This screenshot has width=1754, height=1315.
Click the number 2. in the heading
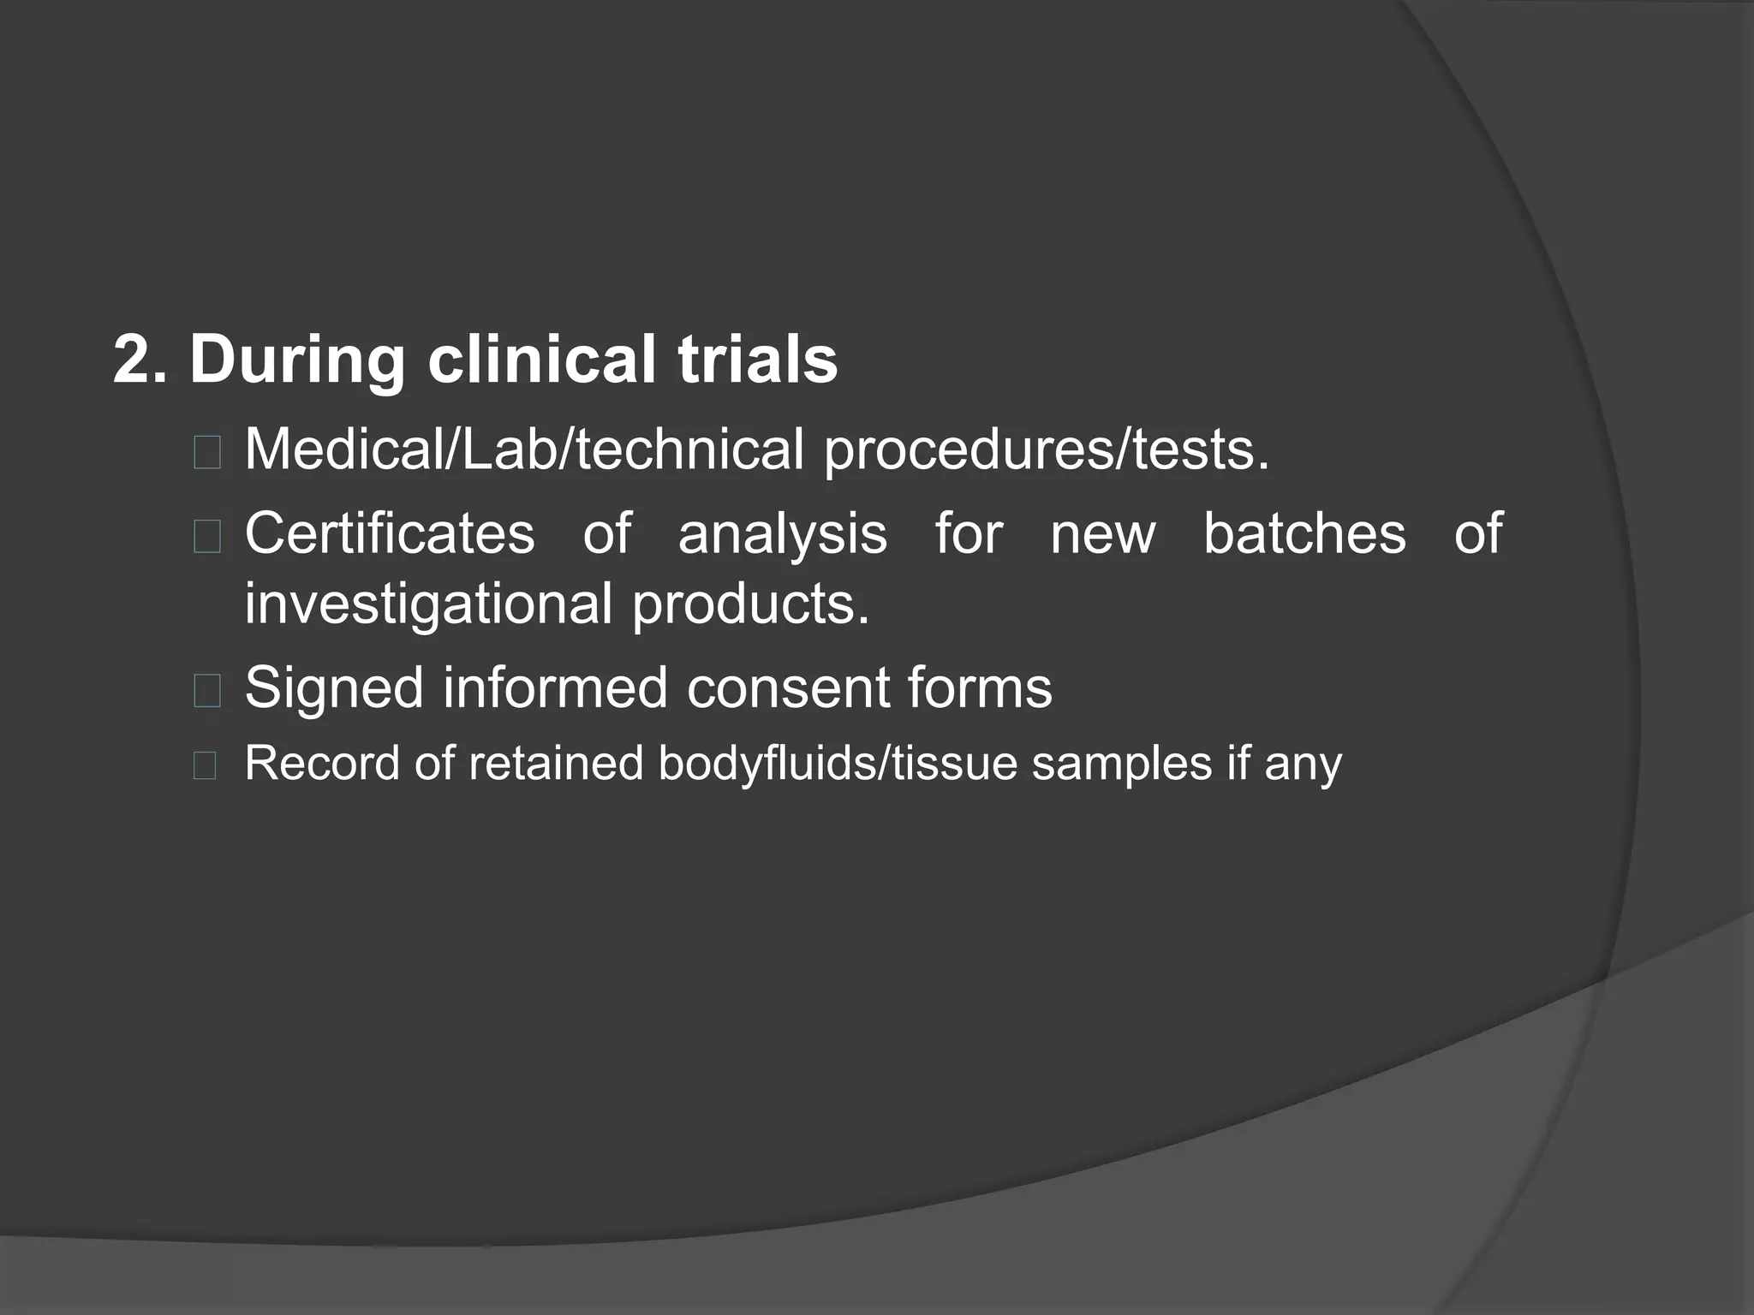140,360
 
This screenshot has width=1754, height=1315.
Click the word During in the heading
296,360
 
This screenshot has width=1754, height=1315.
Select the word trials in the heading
757,360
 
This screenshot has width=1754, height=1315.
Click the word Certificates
390,533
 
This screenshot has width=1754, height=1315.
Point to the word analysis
782,533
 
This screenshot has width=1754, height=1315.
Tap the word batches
1304,533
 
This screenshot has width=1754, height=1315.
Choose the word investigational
428,604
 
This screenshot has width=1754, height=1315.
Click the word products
750,604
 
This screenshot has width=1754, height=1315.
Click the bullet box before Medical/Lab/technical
207,452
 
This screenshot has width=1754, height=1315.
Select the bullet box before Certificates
207,537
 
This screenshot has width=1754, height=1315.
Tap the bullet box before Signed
207,690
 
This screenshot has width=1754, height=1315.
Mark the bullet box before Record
205,765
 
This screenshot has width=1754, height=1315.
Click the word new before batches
1103,533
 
